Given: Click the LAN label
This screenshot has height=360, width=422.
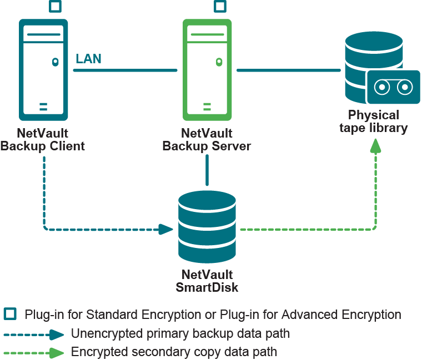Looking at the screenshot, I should pyautogui.click(x=88, y=59).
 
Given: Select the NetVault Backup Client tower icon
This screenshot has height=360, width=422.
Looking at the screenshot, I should pyautogui.click(x=43, y=70).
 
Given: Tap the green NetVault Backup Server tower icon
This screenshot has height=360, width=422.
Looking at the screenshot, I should pyautogui.click(x=207, y=70).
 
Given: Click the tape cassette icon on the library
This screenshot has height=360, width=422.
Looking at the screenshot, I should pyautogui.click(x=393, y=87).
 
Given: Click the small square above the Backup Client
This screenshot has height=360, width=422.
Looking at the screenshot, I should pyautogui.click(x=55, y=7).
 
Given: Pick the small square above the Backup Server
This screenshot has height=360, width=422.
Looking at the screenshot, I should pyautogui.click(x=220, y=7).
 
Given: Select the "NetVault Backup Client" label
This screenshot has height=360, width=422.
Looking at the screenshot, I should pyautogui.click(x=43, y=140).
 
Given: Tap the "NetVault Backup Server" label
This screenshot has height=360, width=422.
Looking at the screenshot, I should pyautogui.click(x=207, y=140).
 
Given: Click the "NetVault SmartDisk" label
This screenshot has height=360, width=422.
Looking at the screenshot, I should pyautogui.click(x=207, y=281).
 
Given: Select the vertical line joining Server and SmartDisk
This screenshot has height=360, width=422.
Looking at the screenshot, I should pyautogui.click(x=207, y=170).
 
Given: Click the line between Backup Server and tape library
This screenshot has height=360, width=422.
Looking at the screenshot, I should pyautogui.click(x=289, y=70).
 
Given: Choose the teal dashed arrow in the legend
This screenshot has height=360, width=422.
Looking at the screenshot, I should pyautogui.click(x=34, y=334).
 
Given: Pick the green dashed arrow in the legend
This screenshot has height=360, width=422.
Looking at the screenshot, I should pyautogui.click(x=34, y=352).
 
